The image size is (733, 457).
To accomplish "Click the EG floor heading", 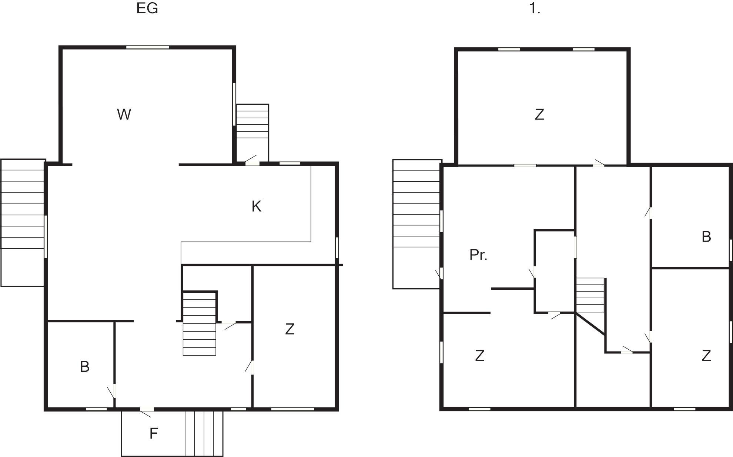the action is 147,8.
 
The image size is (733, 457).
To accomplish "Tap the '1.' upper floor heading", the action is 535,8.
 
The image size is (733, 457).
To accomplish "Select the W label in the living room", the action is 124,114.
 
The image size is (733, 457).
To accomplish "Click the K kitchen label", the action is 257,206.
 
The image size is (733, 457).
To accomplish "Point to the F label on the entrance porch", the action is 154,433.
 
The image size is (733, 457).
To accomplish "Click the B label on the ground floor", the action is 85,366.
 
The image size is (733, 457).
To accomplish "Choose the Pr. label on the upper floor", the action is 478,255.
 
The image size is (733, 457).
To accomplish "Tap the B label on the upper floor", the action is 706,236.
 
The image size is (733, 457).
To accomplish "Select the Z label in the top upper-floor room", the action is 539,114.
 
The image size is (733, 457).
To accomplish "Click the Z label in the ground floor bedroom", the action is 290,329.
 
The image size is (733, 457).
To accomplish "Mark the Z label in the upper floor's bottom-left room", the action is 480,355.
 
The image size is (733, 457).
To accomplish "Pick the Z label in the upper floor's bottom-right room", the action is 706,355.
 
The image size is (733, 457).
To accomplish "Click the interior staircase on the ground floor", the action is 200,323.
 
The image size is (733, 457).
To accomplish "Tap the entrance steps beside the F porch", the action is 204,433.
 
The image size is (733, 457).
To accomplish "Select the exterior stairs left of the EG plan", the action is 23,223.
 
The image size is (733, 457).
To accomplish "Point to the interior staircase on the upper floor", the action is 590,295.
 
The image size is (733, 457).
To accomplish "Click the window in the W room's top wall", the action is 148,47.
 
